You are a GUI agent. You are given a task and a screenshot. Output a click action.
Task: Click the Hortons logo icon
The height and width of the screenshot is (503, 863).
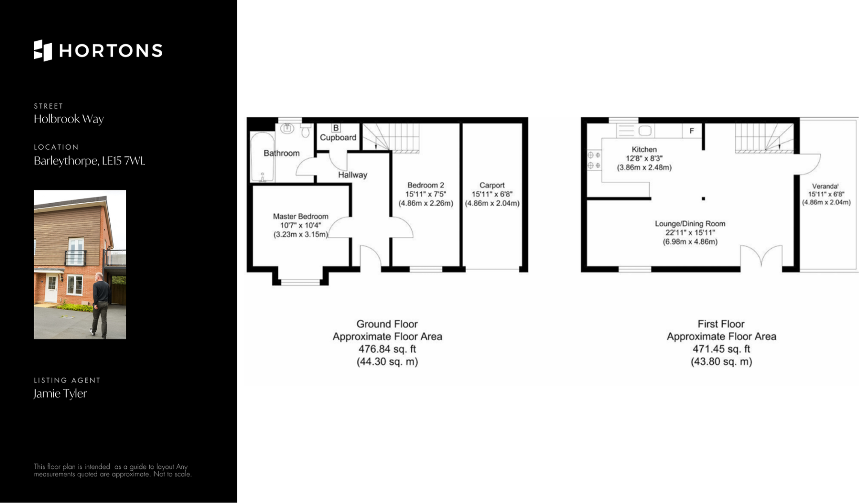pos(43,50)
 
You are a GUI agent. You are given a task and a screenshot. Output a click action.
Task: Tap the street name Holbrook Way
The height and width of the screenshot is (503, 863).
pos(69,119)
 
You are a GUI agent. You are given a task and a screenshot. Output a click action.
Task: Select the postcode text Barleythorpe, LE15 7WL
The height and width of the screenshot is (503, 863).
pos(89,161)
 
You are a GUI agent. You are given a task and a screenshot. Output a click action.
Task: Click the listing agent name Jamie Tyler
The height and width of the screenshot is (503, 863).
pos(60,394)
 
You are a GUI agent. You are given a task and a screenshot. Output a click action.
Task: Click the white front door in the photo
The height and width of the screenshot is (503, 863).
pos(51,287)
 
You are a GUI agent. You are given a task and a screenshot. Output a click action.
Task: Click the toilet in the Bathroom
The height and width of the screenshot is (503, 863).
pos(306,131)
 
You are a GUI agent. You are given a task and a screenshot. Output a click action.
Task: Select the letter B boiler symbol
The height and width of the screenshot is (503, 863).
pos(336,128)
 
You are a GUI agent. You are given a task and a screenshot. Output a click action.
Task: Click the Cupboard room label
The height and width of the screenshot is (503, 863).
pos(338,138)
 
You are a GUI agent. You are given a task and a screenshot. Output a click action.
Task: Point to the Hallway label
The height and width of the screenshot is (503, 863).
pos(352,175)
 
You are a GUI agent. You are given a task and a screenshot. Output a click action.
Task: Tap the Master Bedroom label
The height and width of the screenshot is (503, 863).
pos(301,216)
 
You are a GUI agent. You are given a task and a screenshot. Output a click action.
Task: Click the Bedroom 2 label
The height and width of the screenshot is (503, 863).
pos(426,185)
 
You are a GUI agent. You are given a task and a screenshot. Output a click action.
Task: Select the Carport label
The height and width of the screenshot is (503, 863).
pos(492,185)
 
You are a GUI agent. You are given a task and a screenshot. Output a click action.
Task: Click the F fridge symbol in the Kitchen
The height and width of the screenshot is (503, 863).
pos(692,131)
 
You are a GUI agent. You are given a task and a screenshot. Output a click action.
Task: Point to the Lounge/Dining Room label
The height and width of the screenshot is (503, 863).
pos(690,223)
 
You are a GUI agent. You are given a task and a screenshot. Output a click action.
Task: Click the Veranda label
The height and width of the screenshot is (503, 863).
pos(826,186)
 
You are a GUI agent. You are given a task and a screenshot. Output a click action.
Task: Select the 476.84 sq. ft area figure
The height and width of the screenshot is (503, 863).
pos(387,349)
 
